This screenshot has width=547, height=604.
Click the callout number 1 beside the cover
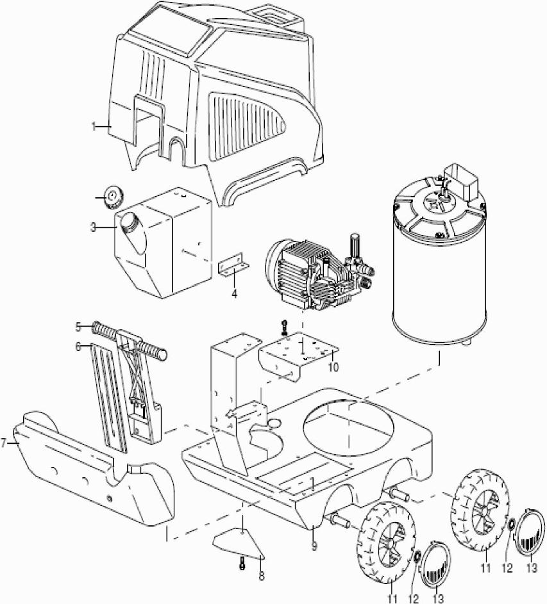coord(94,127)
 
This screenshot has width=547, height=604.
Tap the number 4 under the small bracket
coord(234,294)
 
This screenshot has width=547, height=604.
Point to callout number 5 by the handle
coord(78,326)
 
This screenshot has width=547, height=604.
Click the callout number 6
coord(78,346)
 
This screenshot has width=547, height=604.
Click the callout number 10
coord(333,369)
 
